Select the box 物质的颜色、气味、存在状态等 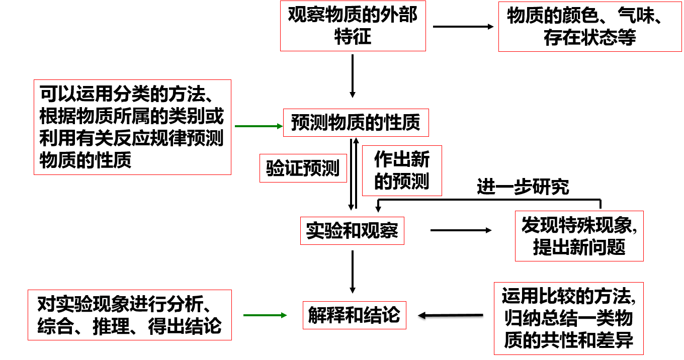click(589, 26)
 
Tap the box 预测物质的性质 click(356, 123)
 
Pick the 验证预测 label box click(303, 168)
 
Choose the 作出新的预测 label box click(402, 170)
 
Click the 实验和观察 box click(352, 231)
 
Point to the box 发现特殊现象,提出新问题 click(579, 236)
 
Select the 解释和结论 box click(354, 315)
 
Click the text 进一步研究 click(523, 187)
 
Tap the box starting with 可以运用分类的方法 click(132, 127)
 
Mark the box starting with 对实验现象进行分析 click(130, 315)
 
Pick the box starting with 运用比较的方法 click(568, 319)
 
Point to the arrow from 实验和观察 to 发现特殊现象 click(461, 230)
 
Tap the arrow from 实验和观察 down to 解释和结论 click(353, 272)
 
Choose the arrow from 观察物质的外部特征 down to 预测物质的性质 click(353, 75)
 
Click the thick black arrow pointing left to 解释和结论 click(451, 316)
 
